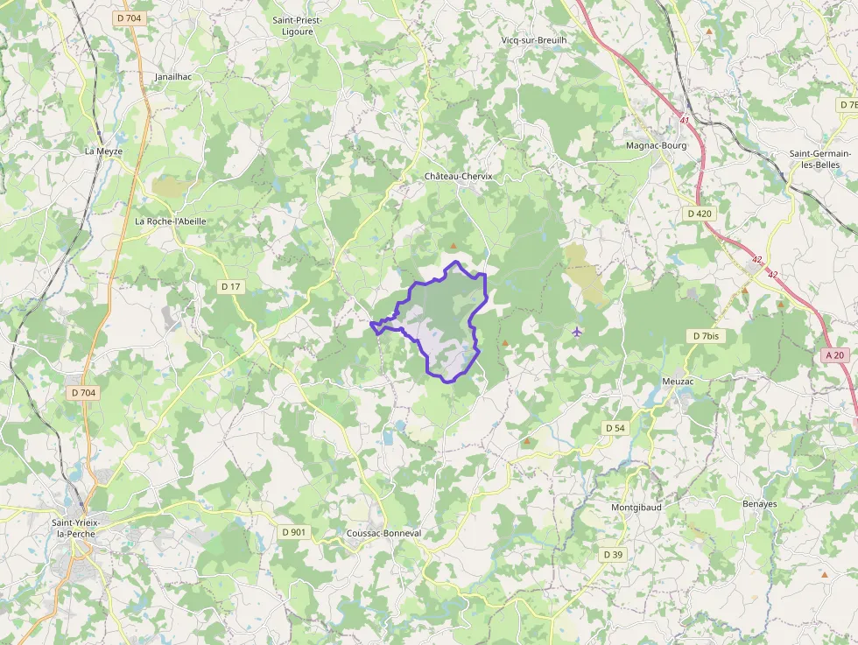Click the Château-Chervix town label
459,176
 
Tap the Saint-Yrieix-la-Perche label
76,529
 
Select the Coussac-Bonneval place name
383,533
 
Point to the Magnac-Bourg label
656,145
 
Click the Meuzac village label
678,381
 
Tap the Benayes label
759,504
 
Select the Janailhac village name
172,77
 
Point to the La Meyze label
103,151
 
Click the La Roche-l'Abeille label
170,221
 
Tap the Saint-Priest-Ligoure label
298,26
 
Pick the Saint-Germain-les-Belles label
820,158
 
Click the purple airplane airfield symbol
576,332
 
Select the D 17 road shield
230,286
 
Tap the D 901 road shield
294,532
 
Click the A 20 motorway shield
835,354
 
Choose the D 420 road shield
699,213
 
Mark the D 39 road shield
613,555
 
